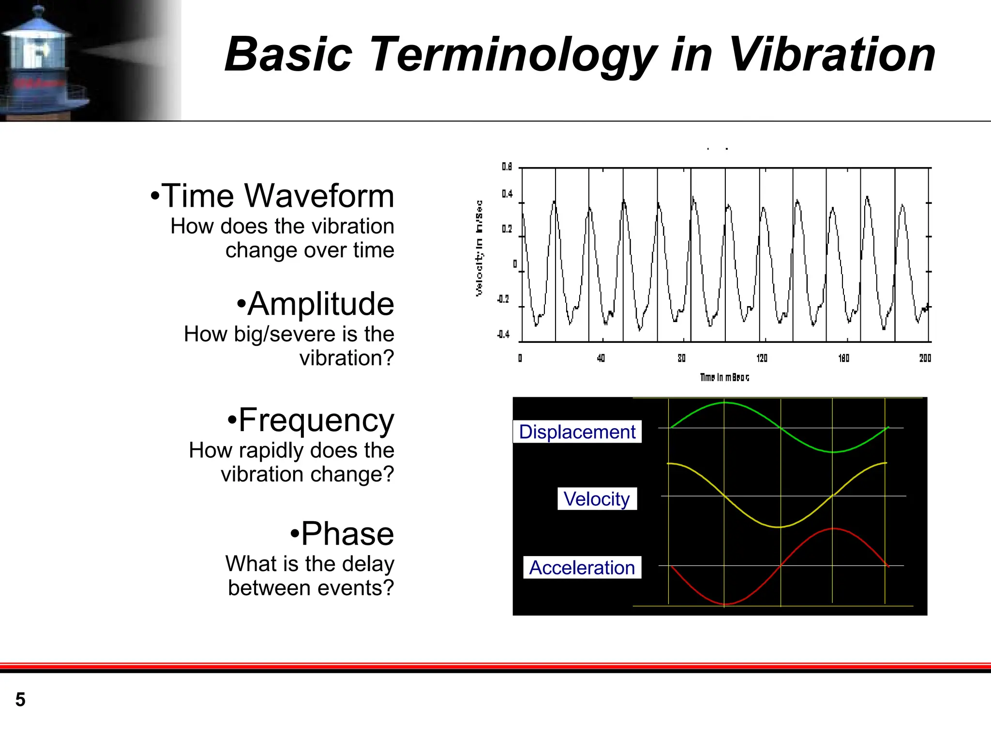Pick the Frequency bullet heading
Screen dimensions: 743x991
tap(315, 420)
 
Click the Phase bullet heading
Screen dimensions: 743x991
tap(346, 534)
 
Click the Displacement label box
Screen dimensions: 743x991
tap(577, 432)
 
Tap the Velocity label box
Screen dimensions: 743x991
tap(597, 499)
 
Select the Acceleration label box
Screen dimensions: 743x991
tap(582, 567)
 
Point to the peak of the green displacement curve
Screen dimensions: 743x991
tap(724, 402)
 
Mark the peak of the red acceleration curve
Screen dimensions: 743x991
tap(833, 528)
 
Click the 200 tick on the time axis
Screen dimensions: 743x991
tap(925, 358)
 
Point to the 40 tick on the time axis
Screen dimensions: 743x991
tap(601, 358)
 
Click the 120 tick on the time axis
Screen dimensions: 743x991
tap(762, 358)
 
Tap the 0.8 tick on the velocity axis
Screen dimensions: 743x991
tap(507, 167)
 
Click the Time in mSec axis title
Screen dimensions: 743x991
tap(724, 377)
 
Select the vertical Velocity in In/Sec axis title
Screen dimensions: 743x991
tap(479, 248)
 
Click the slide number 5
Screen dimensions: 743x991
tap(20, 699)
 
